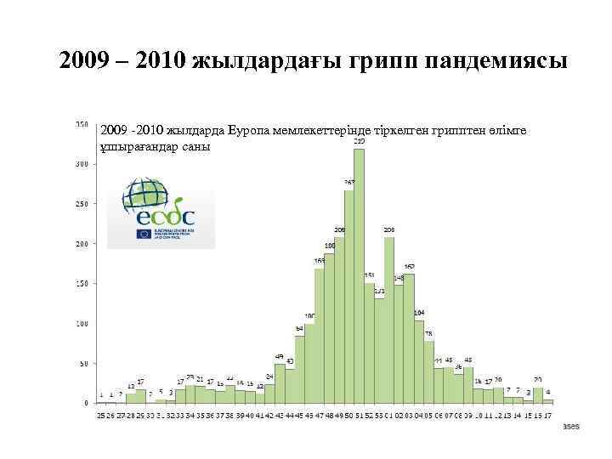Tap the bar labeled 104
click(419, 361)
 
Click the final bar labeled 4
click(548, 400)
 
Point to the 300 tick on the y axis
click(82, 164)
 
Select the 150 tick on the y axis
click(82, 283)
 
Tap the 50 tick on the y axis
click(83, 363)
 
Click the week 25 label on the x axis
click(100, 415)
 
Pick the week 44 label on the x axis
click(290, 415)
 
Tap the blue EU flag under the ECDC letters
click(142, 235)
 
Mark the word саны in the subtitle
click(193, 145)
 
